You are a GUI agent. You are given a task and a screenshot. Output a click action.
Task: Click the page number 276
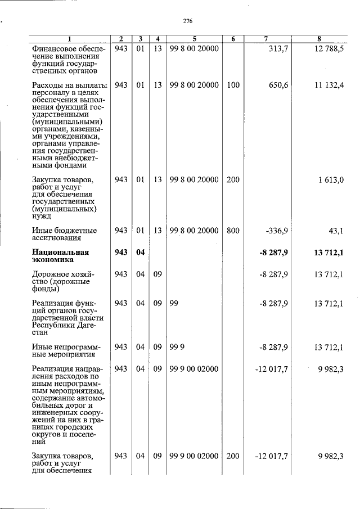click(188, 21)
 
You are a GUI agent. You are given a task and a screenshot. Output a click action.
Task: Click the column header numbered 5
click(193, 39)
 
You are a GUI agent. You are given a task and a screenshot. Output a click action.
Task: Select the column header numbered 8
click(319, 39)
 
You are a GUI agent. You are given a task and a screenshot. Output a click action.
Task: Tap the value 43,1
click(335, 231)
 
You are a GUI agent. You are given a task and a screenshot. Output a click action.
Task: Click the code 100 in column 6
click(233, 85)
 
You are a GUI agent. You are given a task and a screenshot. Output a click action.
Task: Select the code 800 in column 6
click(233, 231)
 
